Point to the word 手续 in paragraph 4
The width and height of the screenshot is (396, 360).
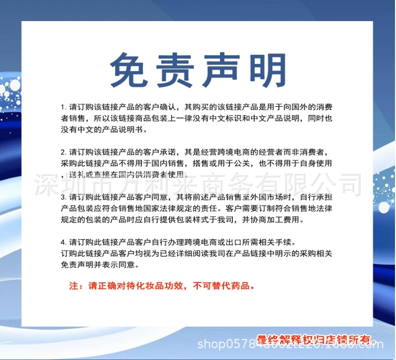[292, 242]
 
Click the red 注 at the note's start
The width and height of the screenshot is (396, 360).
[72, 286]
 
